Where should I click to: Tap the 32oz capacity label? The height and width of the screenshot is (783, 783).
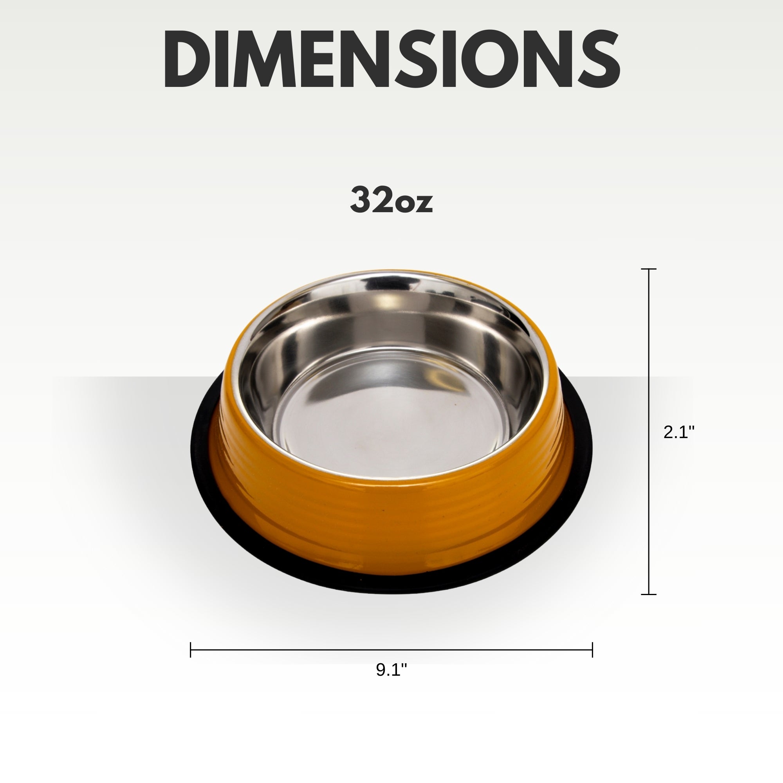(391, 199)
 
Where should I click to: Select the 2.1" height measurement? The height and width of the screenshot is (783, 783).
(679, 433)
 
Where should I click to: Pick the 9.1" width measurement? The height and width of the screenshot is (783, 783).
(391, 670)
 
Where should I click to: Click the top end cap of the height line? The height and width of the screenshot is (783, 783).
(649, 269)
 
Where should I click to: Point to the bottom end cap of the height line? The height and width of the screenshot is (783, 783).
(649, 594)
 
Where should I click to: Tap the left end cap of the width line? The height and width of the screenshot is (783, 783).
(191, 649)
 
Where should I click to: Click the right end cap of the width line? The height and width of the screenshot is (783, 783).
(592, 649)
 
